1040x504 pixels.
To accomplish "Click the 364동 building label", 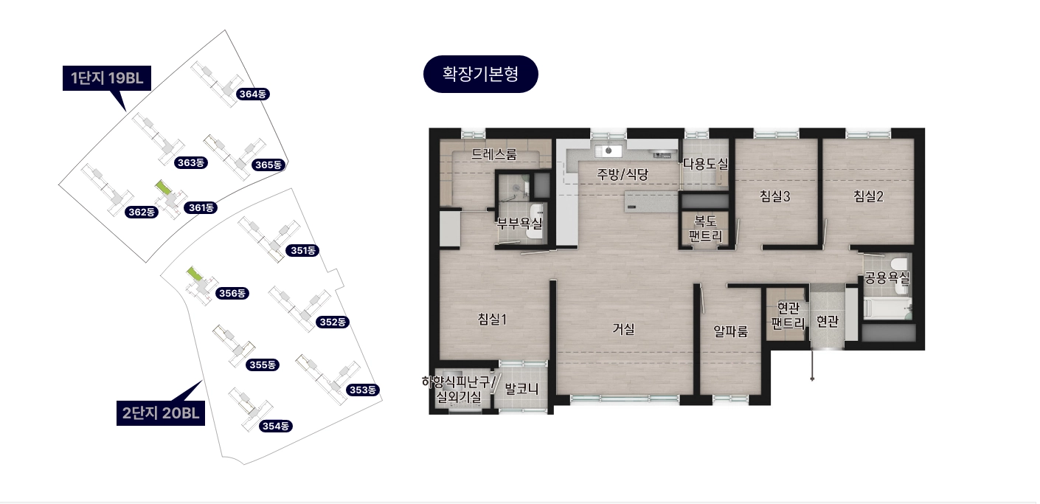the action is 252,94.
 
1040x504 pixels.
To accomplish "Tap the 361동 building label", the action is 201,207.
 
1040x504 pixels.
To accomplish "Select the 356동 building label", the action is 232,293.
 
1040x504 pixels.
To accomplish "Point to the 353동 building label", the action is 363,390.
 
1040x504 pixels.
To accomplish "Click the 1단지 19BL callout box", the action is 107,78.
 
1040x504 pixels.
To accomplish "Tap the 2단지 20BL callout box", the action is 161,413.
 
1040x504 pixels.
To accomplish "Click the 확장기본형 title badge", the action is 480,74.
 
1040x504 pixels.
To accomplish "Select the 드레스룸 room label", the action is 493,154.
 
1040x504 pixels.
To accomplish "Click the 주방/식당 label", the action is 622,174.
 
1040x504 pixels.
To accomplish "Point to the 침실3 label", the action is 774,196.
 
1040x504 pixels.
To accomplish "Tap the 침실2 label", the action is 868,196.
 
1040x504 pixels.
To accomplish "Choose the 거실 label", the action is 623,329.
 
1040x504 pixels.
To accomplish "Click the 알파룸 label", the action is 731,331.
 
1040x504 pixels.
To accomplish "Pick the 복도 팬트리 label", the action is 705,228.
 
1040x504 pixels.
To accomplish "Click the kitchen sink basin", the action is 609,151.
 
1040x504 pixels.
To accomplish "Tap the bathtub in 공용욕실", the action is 887,308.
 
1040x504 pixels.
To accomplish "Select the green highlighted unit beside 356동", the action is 195,274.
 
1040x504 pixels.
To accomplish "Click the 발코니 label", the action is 521,388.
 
